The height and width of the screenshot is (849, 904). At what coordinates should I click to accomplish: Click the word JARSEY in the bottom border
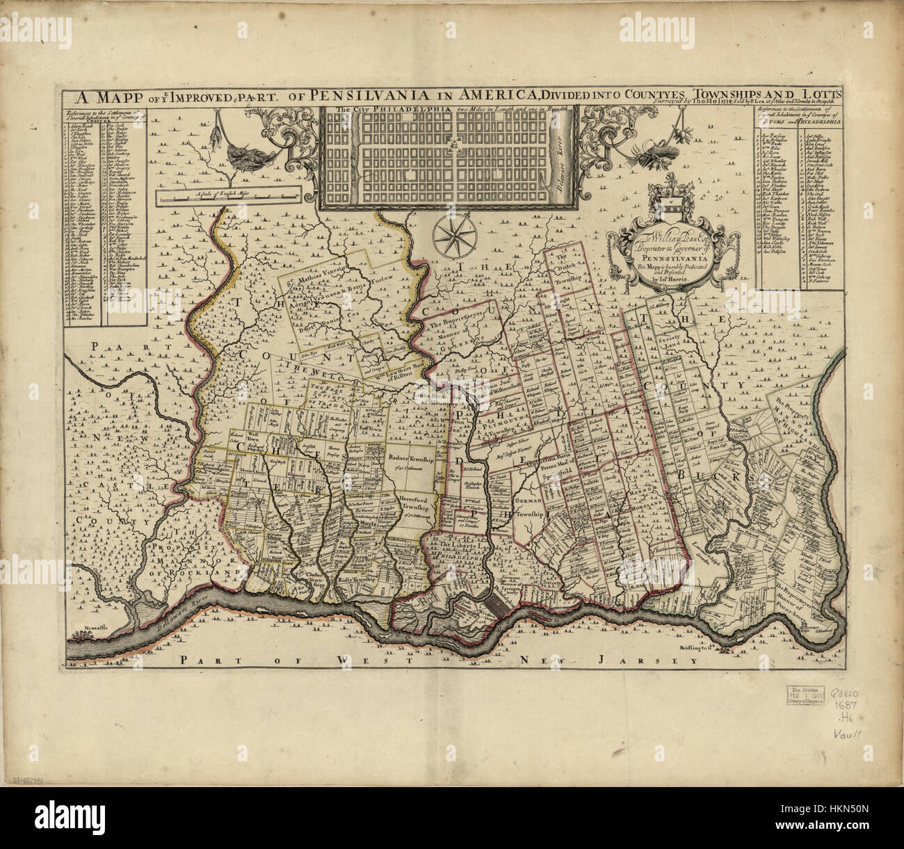pyautogui.click(x=667, y=660)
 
